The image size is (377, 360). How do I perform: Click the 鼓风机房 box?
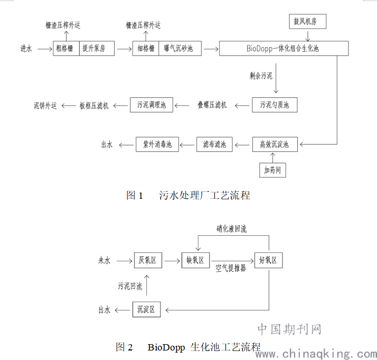pyautogui.click(x=307, y=22)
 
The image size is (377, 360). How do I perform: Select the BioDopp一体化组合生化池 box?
pyautogui.click(x=284, y=48)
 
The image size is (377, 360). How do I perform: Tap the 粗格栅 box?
pyautogui.click(x=66, y=48)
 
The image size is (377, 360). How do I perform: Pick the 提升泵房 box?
pyautogui.click(x=97, y=48)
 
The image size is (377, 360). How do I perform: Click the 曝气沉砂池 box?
pyautogui.click(x=180, y=48)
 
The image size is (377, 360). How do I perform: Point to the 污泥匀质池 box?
pyautogui.click(x=275, y=105)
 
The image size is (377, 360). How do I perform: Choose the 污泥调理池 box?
pyautogui.click(x=152, y=105)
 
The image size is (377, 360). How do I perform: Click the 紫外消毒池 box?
pyautogui.click(x=157, y=144)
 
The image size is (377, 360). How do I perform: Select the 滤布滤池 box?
pyautogui.click(x=214, y=144)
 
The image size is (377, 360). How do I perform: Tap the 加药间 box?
pyautogui.click(x=272, y=170)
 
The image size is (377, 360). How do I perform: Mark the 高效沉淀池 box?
pyautogui.click(x=275, y=144)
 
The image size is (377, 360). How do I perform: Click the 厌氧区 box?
pyautogui.click(x=148, y=260)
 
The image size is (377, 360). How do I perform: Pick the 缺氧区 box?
pyautogui.click(x=195, y=260)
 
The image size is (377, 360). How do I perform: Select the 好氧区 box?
pyautogui.click(x=269, y=260)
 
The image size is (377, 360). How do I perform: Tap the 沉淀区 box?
pyautogui.click(x=146, y=309)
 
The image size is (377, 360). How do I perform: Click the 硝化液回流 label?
pyautogui.click(x=232, y=228)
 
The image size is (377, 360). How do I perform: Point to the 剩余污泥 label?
pyautogui.click(x=261, y=76)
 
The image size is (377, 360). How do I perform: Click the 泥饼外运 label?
pyautogui.click(x=45, y=105)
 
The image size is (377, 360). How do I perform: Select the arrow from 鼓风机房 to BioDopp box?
pyautogui.click(x=308, y=35)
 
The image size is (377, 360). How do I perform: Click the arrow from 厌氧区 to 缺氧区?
pyautogui.click(x=172, y=261)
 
